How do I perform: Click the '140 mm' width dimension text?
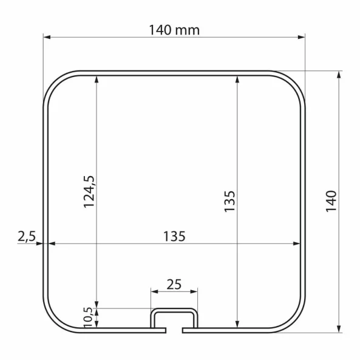(174, 29)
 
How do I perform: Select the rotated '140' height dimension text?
(331, 201)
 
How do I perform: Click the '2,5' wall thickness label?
(25, 236)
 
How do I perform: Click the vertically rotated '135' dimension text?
(229, 201)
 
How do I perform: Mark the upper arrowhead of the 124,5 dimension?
(97, 79)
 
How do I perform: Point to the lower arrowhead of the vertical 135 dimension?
(237, 323)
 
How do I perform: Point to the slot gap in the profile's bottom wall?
(174, 331)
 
